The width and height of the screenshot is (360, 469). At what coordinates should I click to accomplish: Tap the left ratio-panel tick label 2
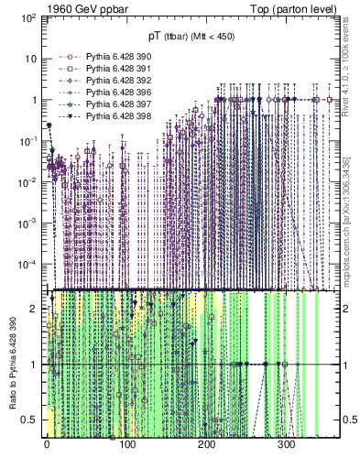[x=34, y=309]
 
